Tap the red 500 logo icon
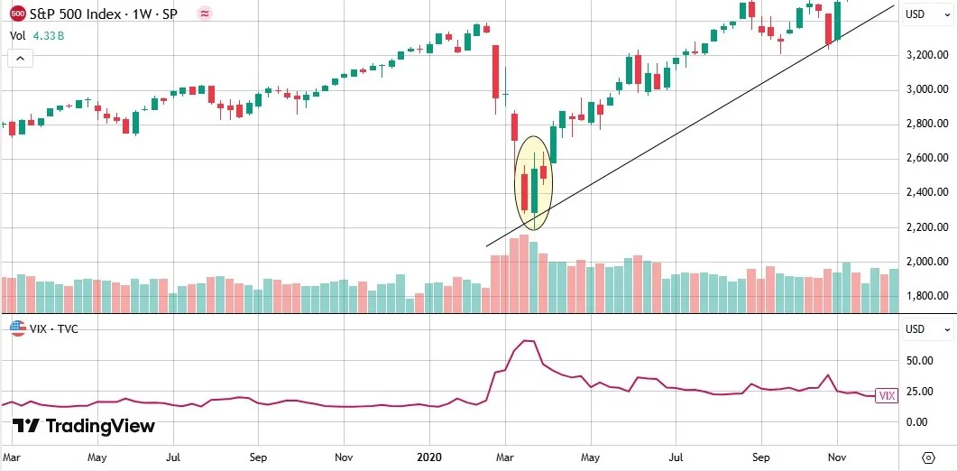(17, 14)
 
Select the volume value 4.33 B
(48, 36)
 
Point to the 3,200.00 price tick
(928, 55)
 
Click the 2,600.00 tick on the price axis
(928, 159)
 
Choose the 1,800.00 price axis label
(928, 296)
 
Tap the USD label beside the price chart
(916, 14)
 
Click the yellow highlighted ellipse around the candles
(533, 183)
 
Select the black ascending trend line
(686, 135)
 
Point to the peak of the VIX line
(529, 341)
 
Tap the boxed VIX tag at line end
(886, 395)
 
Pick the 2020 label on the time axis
(428, 457)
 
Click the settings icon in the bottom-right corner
(928, 457)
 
